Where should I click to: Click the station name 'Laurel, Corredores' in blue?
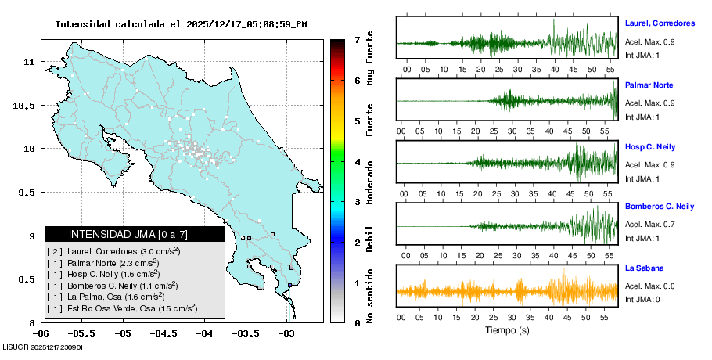660,23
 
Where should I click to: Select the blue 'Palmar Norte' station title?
649,85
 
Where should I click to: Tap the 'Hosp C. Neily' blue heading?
649,147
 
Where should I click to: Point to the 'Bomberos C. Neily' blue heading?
660,207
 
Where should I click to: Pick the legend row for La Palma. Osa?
106,297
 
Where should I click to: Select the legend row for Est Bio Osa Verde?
123,309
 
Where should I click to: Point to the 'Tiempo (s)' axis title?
507,331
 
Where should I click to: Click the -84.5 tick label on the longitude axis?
164,333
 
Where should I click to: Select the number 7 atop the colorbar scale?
357,39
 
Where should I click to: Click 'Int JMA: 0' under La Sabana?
642,300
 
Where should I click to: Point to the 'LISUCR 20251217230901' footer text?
43,347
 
